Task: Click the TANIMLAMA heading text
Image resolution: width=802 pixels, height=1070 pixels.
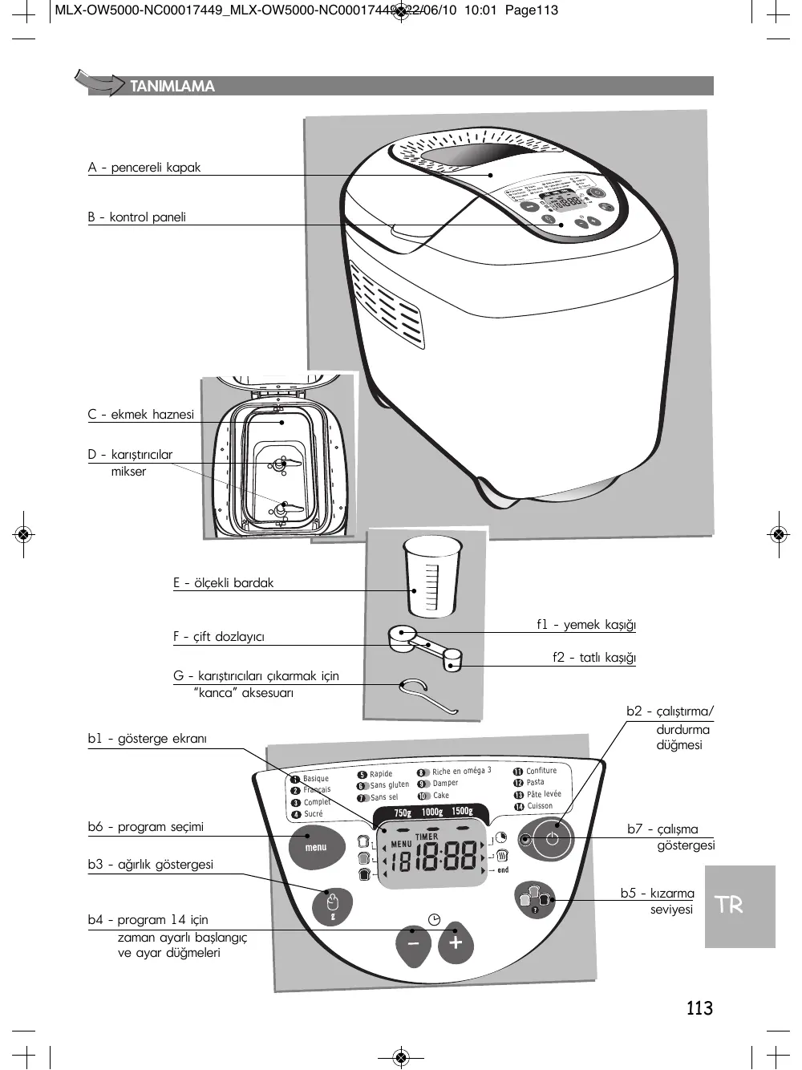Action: (x=172, y=87)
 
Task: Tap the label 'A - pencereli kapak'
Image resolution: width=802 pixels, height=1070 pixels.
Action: (x=144, y=168)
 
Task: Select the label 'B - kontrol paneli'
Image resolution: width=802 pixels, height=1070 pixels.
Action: (x=137, y=217)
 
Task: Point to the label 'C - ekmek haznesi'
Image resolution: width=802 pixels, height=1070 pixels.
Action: (x=141, y=415)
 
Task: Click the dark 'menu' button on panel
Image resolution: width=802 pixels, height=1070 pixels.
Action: (x=316, y=848)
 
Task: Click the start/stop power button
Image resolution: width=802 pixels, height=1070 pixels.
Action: (x=552, y=839)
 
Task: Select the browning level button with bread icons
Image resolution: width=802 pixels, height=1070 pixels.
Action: (x=535, y=898)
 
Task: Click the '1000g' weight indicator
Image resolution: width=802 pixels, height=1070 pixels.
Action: (x=432, y=812)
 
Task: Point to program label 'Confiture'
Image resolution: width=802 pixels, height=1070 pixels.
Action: (x=541, y=771)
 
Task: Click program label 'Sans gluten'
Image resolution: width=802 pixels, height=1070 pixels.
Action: (x=389, y=785)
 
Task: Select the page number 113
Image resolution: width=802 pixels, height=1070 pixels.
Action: (x=699, y=1008)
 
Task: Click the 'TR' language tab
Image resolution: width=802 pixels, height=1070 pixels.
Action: (x=729, y=906)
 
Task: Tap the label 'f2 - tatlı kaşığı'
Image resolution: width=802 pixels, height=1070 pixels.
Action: (x=593, y=658)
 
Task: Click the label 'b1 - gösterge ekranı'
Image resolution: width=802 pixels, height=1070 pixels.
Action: (x=147, y=739)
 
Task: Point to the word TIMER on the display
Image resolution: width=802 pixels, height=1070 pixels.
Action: (x=427, y=837)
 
